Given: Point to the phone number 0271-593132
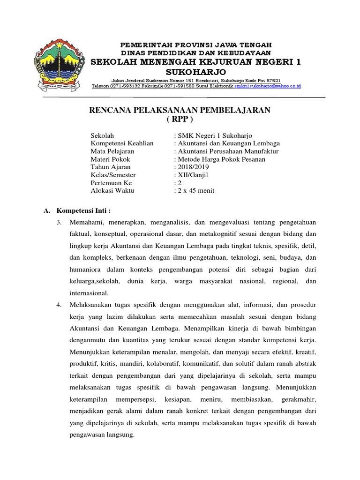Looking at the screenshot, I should (127, 86).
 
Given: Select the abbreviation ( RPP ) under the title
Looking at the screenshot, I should (180, 119).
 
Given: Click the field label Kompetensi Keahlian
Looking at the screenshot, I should (122, 143).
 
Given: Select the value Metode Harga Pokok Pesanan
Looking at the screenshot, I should (220, 159).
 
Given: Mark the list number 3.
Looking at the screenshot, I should (59, 222).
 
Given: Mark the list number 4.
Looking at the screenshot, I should (59, 305).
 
